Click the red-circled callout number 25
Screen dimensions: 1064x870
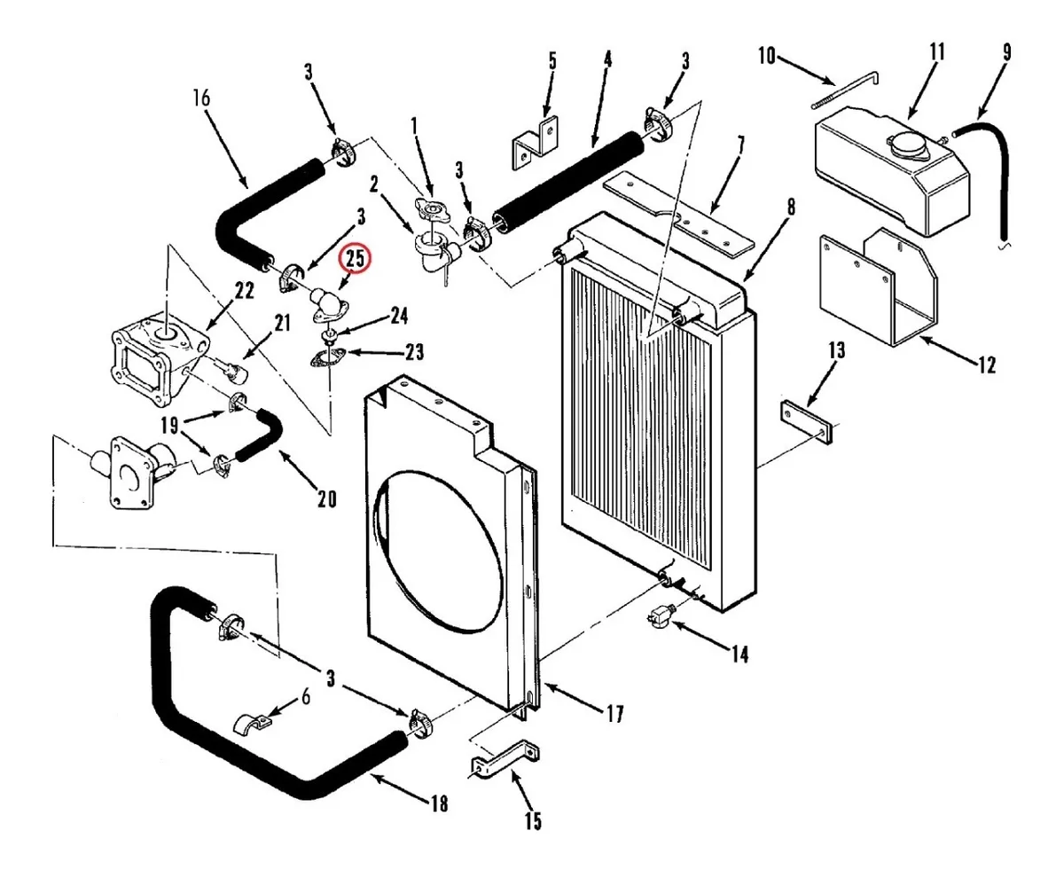coord(356,258)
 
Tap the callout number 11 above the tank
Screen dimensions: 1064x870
coord(937,52)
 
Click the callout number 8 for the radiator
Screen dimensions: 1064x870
coord(791,208)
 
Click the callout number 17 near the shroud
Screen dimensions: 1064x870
coord(615,714)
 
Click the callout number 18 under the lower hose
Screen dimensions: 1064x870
coord(439,803)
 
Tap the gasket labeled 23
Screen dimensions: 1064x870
coord(325,359)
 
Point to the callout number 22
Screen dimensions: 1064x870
coord(244,291)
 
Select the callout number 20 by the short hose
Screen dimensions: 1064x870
coord(327,499)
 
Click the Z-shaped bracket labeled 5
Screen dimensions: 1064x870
coord(536,143)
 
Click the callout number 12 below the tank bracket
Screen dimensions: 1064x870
coord(988,365)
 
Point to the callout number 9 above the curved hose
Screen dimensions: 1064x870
coord(1006,52)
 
